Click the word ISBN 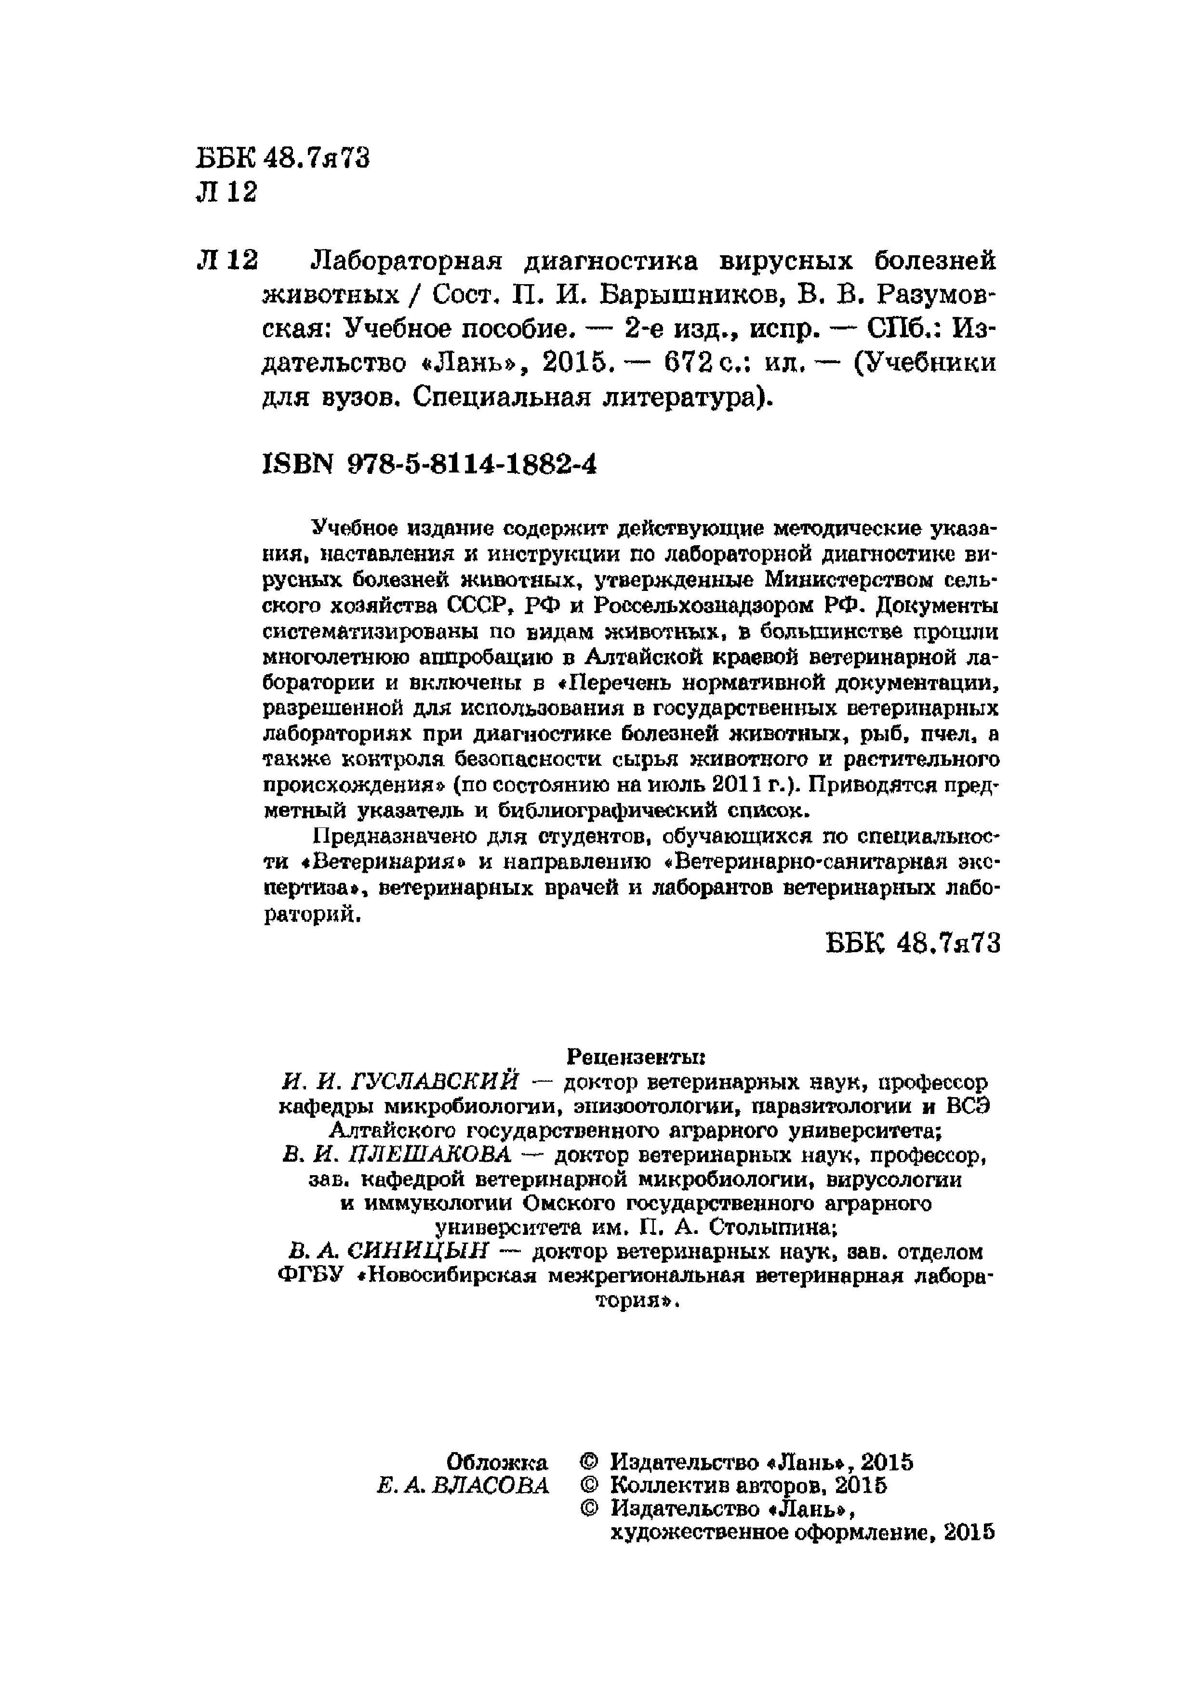pyautogui.click(x=297, y=464)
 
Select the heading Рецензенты pyautogui.click(x=636, y=1057)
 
